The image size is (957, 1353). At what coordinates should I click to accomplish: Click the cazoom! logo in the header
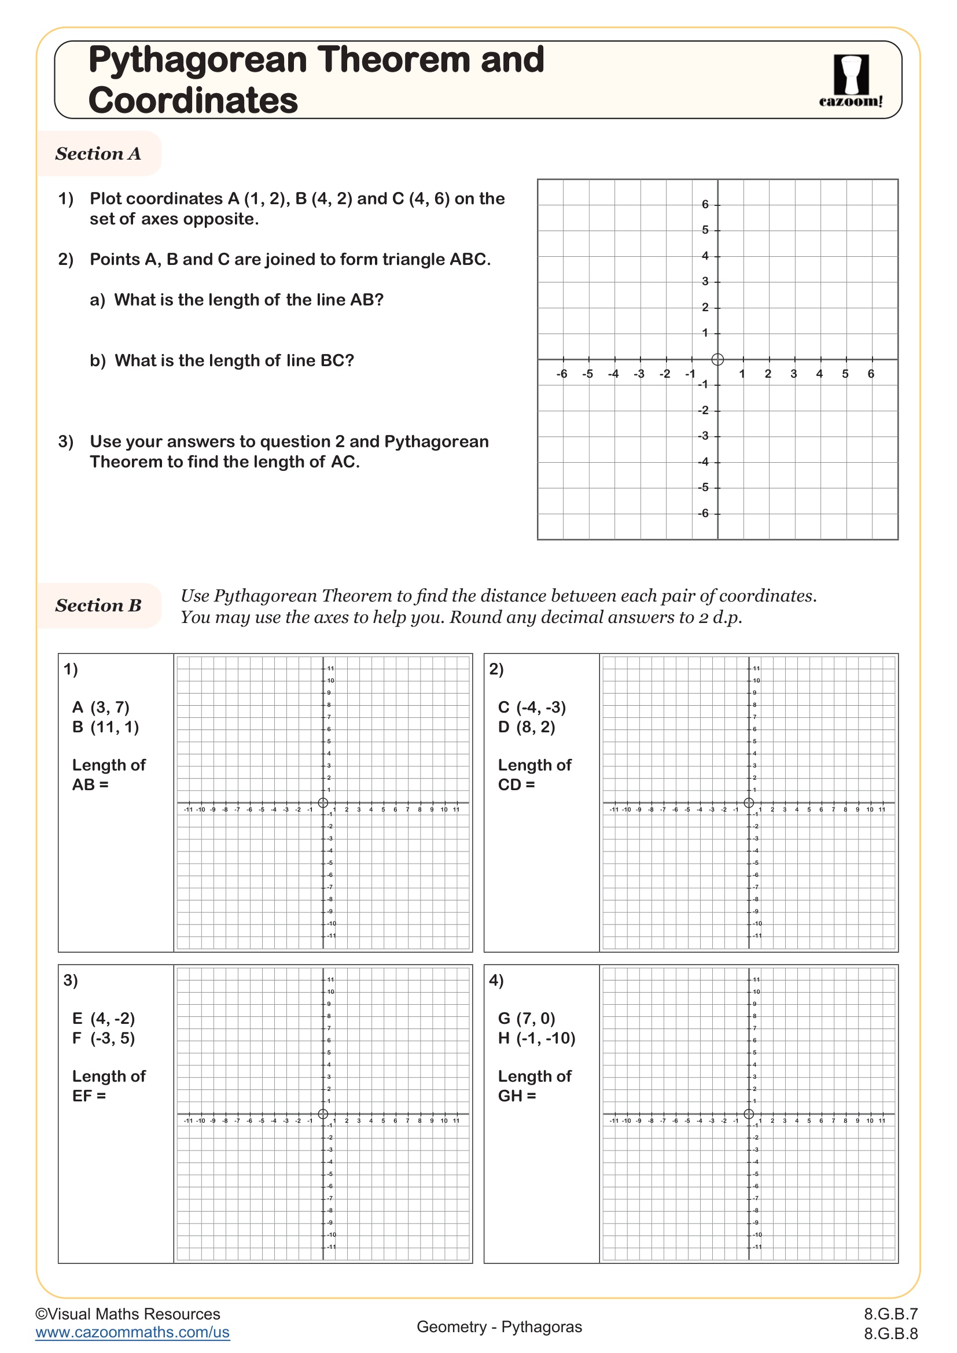click(x=851, y=81)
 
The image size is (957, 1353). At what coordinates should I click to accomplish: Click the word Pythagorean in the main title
click(x=198, y=60)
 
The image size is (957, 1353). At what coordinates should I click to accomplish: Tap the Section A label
click(x=98, y=154)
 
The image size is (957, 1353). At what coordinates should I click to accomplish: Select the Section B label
click(x=98, y=605)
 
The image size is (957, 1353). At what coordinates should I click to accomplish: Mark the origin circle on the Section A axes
click(x=717, y=359)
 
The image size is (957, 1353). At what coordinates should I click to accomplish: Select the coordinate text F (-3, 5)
click(x=104, y=1038)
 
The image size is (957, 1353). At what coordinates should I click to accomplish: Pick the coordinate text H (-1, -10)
click(x=536, y=1038)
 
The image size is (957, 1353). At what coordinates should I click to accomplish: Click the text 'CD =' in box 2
click(x=516, y=785)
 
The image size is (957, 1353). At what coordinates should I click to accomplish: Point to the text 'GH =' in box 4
click(x=517, y=1096)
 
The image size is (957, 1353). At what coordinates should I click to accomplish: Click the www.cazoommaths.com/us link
click(x=132, y=1332)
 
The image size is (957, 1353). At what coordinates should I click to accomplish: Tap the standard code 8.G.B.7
click(x=890, y=1314)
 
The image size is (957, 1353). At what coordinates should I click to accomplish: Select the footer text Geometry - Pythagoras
click(x=499, y=1326)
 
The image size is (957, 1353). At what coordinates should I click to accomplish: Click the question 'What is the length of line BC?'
click(x=233, y=360)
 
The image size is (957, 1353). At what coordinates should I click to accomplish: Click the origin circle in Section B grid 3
click(x=323, y=1114)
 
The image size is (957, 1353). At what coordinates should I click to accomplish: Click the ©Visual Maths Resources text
click(x=127, y=1314)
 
